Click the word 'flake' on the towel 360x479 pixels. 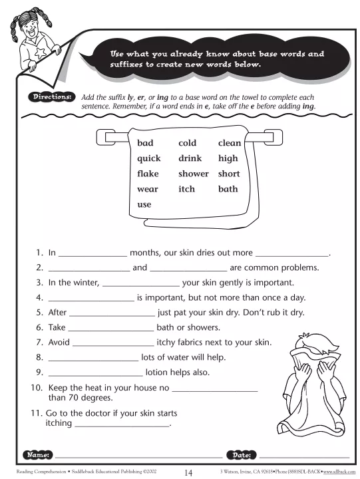[x=148, y=174]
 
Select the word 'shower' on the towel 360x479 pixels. [x=193, y=174]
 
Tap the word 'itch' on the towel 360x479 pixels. [x=186, y=189]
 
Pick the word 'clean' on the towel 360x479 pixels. [x=230, y=143]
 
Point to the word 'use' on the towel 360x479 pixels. [x=144, y=205]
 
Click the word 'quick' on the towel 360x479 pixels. [x=149, y=158]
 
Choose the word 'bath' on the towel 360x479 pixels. [x=228, y=189]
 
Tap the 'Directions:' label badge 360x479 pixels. [x=51, y=97]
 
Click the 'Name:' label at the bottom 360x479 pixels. [x=37, y=455]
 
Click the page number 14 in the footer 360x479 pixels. [x=188, y=472]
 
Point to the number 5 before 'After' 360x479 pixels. [x=39, y=312]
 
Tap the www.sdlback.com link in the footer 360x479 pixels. [x=339, y=472]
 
